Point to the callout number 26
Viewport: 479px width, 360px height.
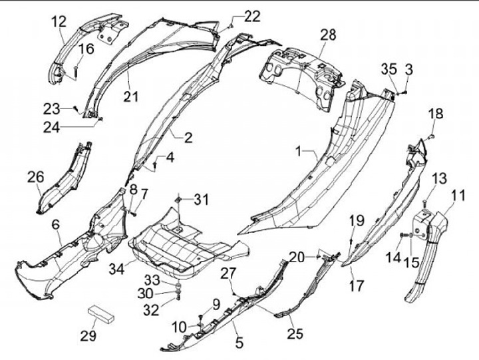(35, 176)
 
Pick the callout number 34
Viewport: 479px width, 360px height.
(117, 269)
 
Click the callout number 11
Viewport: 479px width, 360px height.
(457, 195)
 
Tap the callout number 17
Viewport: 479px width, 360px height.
(357, 287)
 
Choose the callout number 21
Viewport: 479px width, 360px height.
(130, 96)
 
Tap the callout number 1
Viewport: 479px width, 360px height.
(303, 152)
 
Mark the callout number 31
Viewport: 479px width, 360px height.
(201, 199)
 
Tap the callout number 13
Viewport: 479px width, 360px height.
(439, 178)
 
